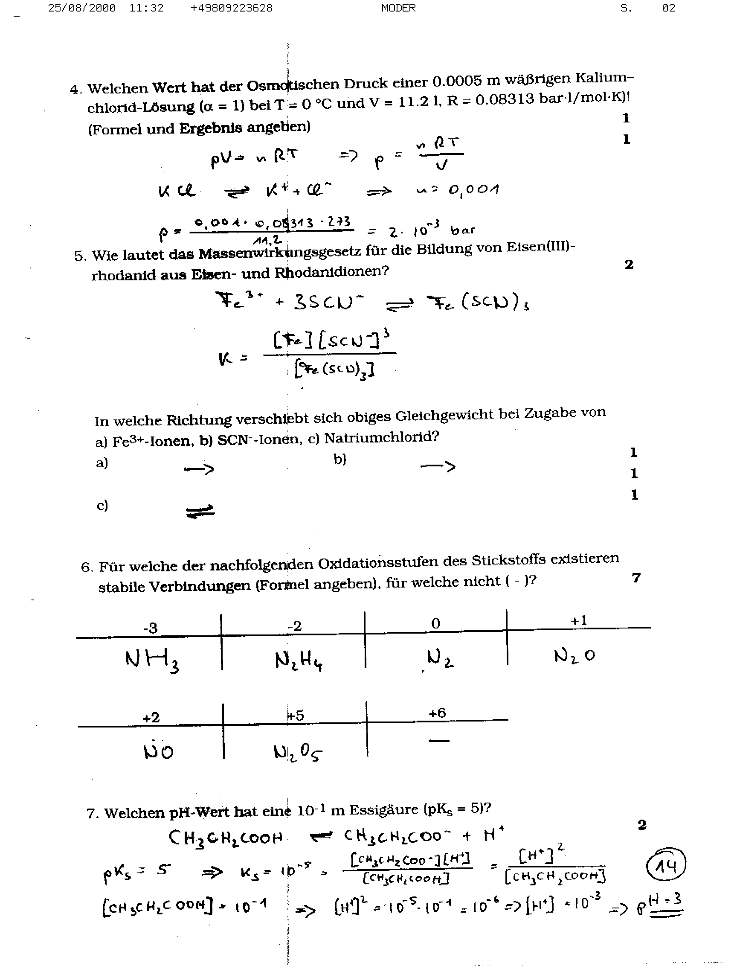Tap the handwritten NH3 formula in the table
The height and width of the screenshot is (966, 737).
click(152, 660)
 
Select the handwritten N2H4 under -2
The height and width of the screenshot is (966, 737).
click(299, 660)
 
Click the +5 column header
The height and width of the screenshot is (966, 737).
click(296, 716)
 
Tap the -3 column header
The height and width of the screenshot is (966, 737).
click(150, 628)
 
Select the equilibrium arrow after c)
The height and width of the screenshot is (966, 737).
click(200, 511)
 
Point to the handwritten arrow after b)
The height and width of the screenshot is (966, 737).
click(438, 466)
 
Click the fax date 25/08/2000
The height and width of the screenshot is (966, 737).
click(81, 8)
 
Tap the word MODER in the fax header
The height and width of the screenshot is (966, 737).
click(398, 8)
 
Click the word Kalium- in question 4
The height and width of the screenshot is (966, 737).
click(604, 78)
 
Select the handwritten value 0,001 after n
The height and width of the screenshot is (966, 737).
click(473, 190)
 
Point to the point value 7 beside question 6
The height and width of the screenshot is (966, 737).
click(636, 578)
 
